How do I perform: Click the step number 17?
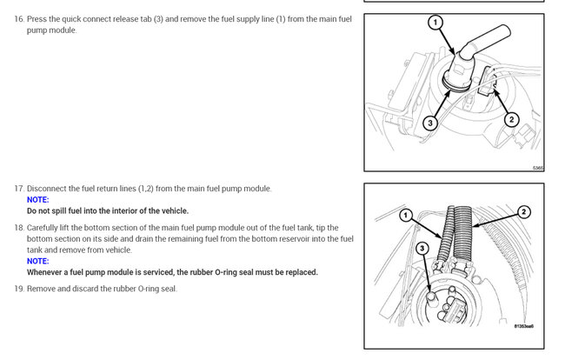(x=19, y=189)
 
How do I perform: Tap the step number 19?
(x=19, y=289)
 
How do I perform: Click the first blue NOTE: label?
(x=38, y=199)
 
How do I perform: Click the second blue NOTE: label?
(x=38, y=261)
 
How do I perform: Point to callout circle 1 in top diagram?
(x=435, y=22)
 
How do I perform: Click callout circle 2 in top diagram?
(x=512, y=119)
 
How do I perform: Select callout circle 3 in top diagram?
(x=430, y=123)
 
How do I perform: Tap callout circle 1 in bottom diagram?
(x=405, y=215)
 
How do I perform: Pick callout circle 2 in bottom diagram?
(x=524, y=211)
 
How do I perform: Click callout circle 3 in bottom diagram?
(x=422, y=249)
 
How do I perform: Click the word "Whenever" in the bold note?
(x=48, y=272)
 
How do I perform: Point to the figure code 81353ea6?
(x=523, y=327)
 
